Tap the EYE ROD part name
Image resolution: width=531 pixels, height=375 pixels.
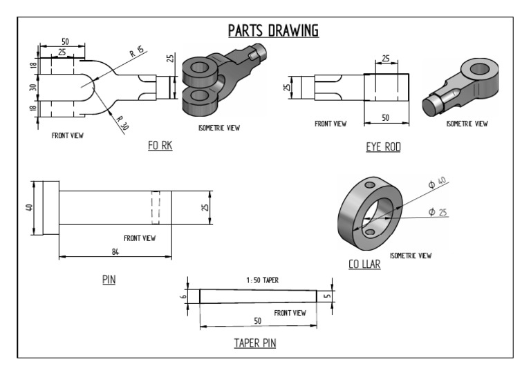(x=384, y=147)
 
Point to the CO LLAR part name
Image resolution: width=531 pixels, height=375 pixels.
(x=364, y=263)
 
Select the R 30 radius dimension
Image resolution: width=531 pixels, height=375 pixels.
(x=123, y=124)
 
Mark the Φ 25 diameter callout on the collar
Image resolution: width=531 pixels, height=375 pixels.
(x=436, y=211)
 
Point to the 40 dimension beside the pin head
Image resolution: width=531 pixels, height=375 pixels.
(x=29, y=207)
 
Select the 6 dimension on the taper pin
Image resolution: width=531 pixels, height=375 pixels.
(x=186, y=296)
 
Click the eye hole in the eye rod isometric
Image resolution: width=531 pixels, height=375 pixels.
(x=478, y=70)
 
